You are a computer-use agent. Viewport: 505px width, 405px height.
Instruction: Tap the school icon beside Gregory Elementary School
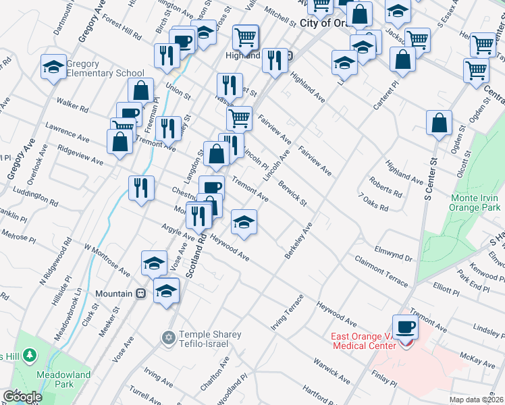click(53, 67)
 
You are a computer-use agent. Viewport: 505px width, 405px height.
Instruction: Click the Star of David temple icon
click(167, 336)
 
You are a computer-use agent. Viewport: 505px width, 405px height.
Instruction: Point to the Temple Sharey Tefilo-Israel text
click(203, 340)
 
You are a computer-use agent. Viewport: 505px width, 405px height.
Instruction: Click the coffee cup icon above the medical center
click(405, 327)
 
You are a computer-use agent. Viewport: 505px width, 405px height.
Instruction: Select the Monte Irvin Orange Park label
click(476, 203)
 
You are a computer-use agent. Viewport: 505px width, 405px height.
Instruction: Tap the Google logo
click(22, 397)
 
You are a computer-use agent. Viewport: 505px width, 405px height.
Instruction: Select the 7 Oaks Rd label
click(374, 202)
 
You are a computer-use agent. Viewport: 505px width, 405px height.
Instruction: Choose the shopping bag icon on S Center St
click(439, 124)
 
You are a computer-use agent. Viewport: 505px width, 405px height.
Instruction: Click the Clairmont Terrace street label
click(381, 271)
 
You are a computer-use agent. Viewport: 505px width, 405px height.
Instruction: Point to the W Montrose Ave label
click(107, 260)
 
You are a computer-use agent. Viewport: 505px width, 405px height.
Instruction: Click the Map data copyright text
click(477, 399)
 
